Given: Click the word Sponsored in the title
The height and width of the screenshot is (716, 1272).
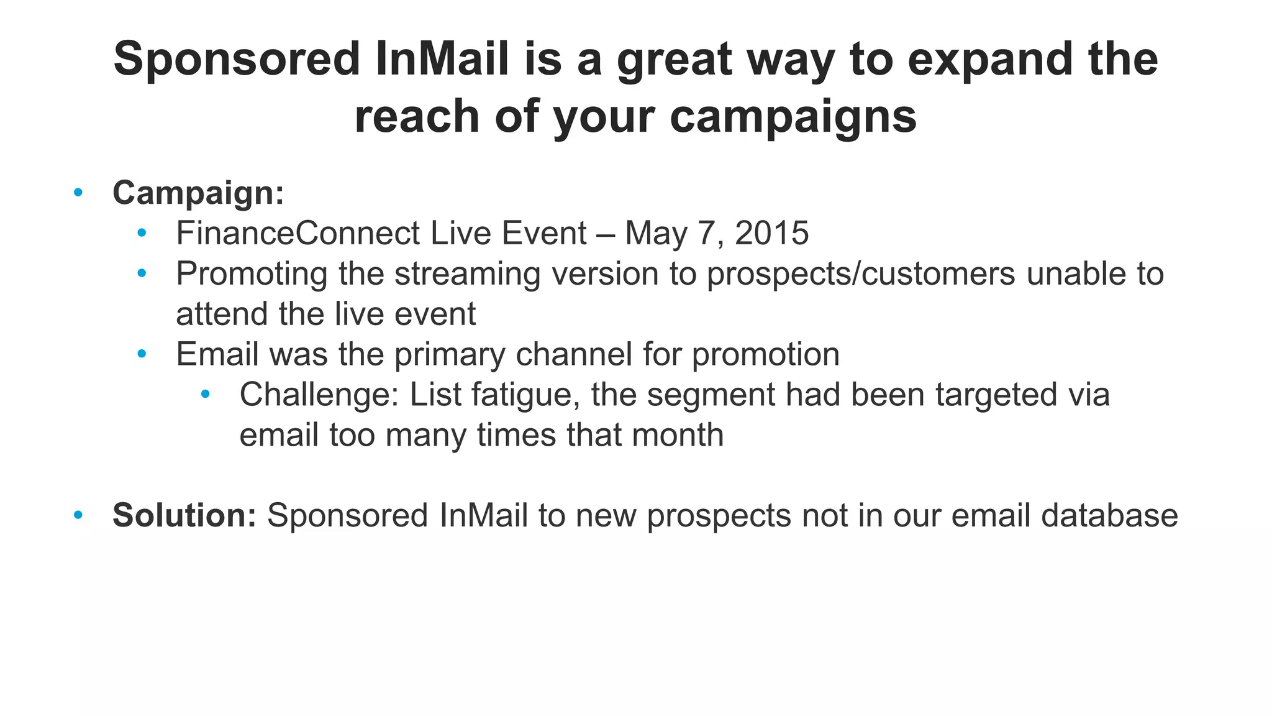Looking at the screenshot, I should pyautogui.click(x=237, y=59).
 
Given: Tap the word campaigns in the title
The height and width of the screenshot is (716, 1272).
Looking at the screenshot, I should pyautogui.click(x=793, y=117).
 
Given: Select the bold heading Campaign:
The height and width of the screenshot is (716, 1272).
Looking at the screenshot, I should pyautogui.click(x=198, y=193).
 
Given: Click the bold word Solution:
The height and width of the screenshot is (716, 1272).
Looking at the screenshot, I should pyautogui.click(x=184, y=516).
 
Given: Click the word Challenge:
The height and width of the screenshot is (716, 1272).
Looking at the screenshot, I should pyautogui.click(x=319, y=395).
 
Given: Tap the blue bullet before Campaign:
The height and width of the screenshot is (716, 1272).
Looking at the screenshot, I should pyautogui.click(x=78, y=193).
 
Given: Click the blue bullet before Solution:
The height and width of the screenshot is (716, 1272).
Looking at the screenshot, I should pyautogui.click(x=78, y=515).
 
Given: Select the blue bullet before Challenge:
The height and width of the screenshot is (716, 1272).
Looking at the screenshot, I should pyautogui.click(x=206, y=394).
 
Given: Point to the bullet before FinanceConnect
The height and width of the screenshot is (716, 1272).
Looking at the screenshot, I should pyautogui.click(x=142, y=233).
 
